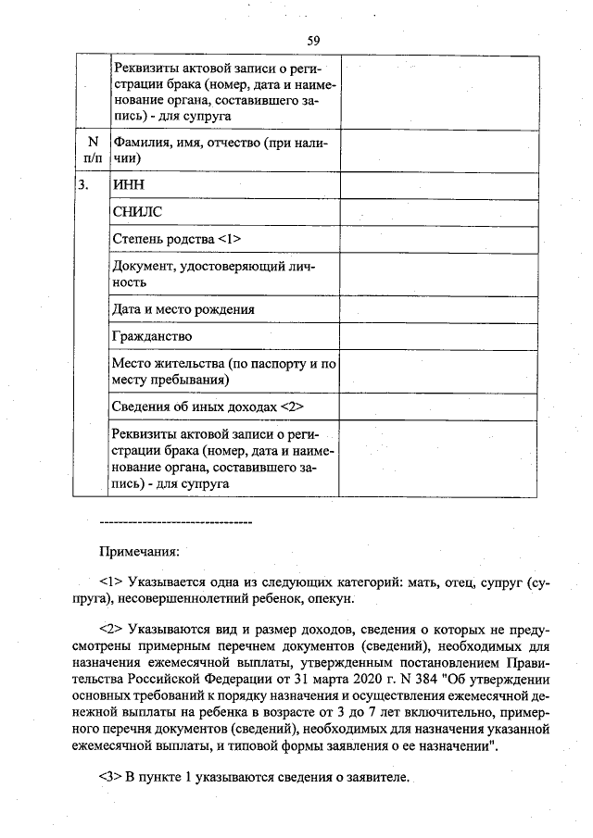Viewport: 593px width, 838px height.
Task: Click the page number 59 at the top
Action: [x=313, y=40]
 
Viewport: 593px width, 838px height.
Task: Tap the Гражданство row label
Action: [x=151, y=335]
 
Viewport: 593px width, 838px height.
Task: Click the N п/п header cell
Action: [x=92, y=150]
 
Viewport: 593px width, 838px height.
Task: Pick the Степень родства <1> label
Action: [x=176, y=240]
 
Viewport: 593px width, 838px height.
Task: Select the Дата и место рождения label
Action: [x=183, y=308]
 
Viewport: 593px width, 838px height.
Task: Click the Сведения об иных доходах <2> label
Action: [x=208, y=406]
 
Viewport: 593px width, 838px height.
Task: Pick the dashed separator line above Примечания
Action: [x=175, y=522]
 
